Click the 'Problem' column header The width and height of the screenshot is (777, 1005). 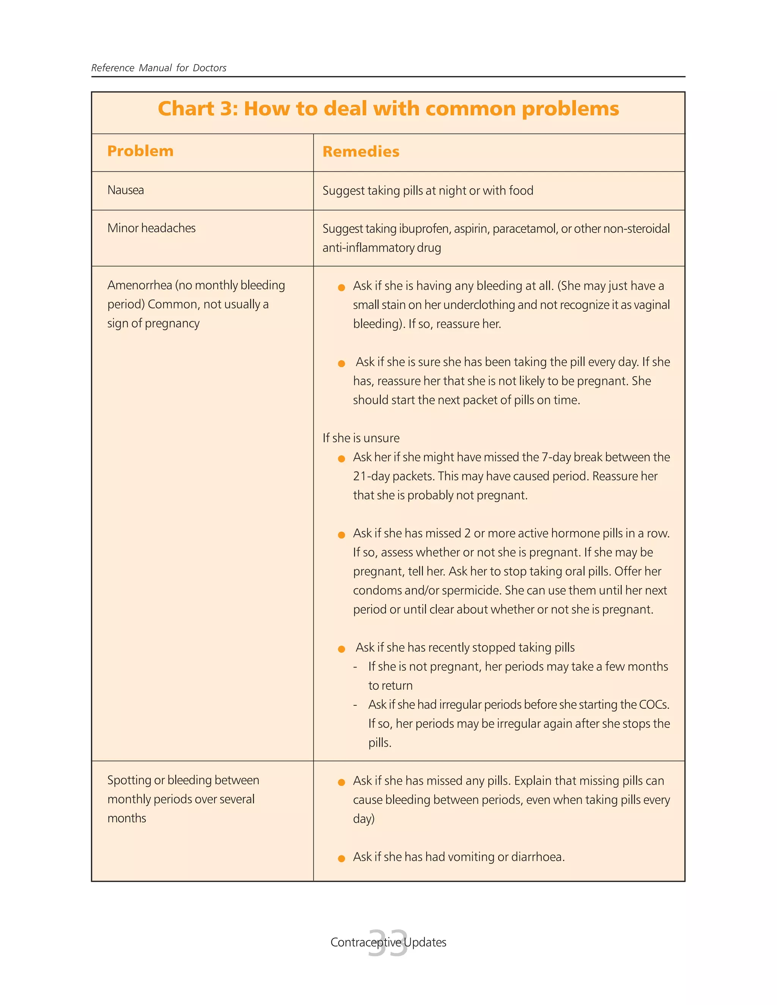pyautogui.click(x=140, y=151)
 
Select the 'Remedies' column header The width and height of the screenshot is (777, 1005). pyautogui.click(x=360, y=151)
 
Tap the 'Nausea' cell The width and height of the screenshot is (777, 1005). pyautogui.click(x=125, y=190)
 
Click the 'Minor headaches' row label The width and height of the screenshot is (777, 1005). pyautogui.click(x=151, y=228)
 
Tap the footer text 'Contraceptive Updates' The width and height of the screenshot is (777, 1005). pyautogui.click(x=388, y=942)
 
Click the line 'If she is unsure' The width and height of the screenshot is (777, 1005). pyautogui.click(x=360, y=438)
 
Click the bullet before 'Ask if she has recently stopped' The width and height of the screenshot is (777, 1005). pyautogui.click(x=341, y=649)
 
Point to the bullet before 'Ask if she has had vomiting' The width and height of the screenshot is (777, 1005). pyautogui.click(x=341, y=858)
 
